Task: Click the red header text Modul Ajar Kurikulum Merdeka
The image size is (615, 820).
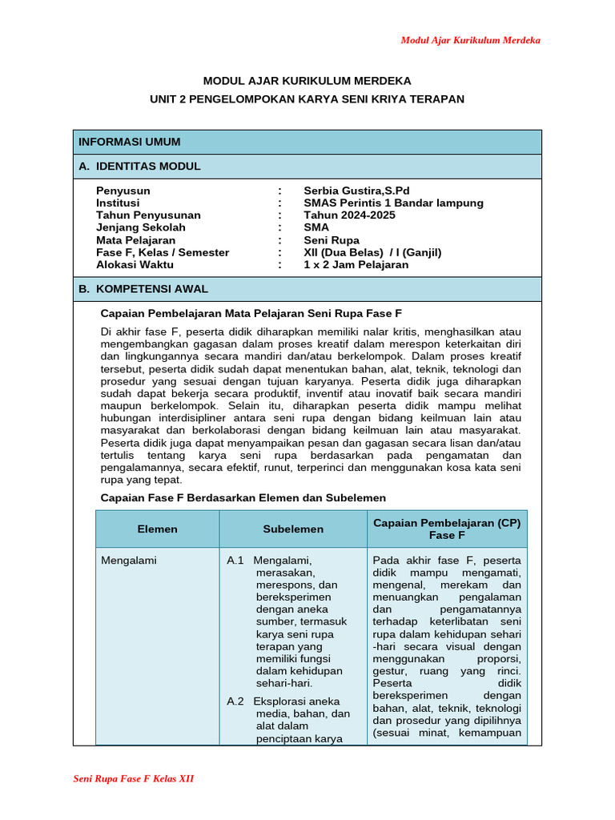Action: click(x=470, y=40)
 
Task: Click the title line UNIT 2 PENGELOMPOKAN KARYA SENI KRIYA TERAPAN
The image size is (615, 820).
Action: click(x=307, y=98)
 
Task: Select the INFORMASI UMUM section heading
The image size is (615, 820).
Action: click(x=129, y=142)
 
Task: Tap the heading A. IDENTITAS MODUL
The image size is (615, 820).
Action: click(x=139, y=166)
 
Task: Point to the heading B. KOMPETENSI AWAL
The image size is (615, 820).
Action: click(x=143, y=288)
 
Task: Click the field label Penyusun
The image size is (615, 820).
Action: click(x=123, y=191)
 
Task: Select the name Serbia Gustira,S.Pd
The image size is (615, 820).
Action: click(x=356, y=191)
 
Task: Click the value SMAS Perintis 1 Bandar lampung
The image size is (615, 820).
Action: click(x=393, y=203)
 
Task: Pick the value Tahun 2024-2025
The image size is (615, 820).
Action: click(x=349, y=215)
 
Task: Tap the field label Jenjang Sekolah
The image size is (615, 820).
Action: click(x=141, y=227)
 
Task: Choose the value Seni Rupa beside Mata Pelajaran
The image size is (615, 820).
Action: click(x=332, y=239)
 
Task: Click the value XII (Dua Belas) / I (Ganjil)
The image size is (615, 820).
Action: click(x=372, y=252)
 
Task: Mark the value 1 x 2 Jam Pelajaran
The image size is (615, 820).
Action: click(x=356, y=264)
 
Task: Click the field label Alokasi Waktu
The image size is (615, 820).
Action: click(x=136, y=264)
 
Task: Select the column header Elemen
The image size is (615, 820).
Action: click(x=157, y=529)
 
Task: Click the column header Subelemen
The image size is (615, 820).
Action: click(x=293, y=529)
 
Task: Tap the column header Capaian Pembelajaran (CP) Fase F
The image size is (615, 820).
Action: click(x=447, y=529)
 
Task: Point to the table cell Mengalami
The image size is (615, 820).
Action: click(x=129, y=561)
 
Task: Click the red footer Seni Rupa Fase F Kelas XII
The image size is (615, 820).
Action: click(x=134, y=778)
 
